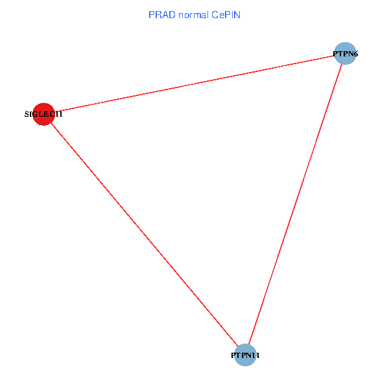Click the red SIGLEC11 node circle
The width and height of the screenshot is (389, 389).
point(43,114)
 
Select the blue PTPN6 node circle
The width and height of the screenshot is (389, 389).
point(346,53)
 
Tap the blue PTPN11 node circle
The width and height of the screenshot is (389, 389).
point(245,355)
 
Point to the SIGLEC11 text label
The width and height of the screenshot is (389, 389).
point(43,114)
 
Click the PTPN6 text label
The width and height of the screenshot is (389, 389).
point(346,54)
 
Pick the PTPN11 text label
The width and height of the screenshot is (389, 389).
point(246,355)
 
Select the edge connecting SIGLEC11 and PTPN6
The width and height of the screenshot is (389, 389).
point(194,84)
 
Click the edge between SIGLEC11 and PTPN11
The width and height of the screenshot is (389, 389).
point(144,234)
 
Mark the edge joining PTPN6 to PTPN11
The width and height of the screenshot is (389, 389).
point(295,204)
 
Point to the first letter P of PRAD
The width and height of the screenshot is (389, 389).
point(151,14)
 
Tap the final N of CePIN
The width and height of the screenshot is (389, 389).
point(237,14)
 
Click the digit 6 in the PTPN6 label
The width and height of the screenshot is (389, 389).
point(356,54)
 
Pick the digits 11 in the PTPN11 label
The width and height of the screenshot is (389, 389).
point(257,355)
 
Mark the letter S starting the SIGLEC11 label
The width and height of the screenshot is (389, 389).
point(27,114)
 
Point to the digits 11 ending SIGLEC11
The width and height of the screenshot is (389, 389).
point(59,114)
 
